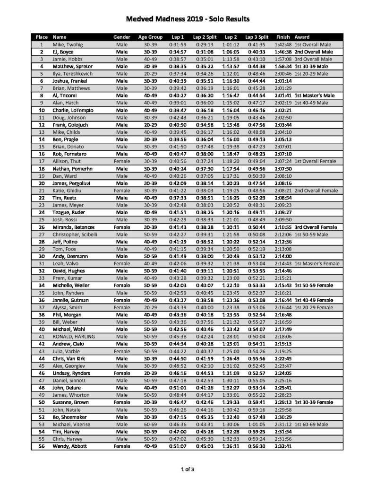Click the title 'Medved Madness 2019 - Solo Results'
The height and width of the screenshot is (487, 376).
tap(188, 19)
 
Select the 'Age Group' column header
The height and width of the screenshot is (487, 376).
tap(150, 37)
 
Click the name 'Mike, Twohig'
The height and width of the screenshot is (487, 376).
tap(67, 44)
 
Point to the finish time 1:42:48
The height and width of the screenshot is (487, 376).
tap(283, 44)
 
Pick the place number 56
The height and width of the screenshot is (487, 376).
tap(42, 446)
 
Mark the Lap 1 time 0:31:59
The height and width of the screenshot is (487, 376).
tap(178, 44)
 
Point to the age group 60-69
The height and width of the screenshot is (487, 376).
tap(150, 425)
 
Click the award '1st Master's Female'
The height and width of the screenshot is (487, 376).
tap(316, 263)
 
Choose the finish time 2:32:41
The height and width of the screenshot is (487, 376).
tap(283, 446)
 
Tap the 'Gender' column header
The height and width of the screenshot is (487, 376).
tap(121, 37)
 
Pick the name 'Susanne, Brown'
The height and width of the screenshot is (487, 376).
tap(70, 402)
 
